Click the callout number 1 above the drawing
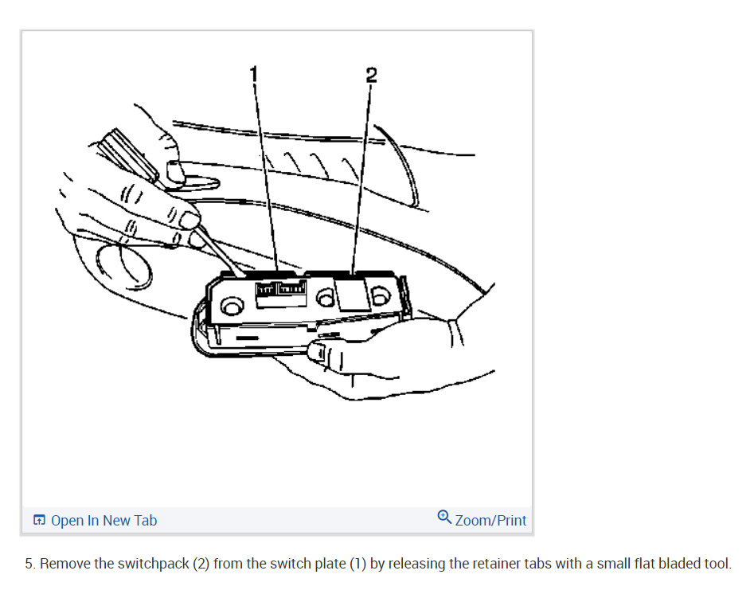(x=254, y=74)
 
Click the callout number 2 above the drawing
(x=370, y=76)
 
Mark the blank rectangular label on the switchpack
(x=351, y=294)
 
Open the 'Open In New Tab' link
(x=104, y=521)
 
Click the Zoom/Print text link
(x=490, y=521)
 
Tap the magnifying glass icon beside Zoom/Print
(x=444, y=518)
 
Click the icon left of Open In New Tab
(x=39, y=521)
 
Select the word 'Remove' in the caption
(x=65, y=564)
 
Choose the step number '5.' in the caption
(x=29, y=564)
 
